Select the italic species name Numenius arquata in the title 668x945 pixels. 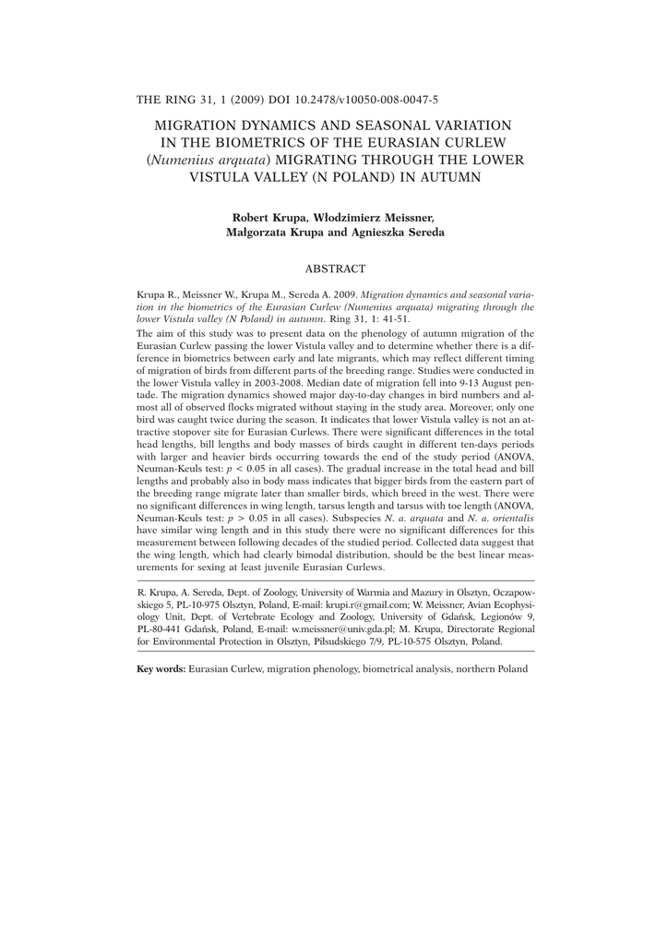195,160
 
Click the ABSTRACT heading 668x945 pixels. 336,269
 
